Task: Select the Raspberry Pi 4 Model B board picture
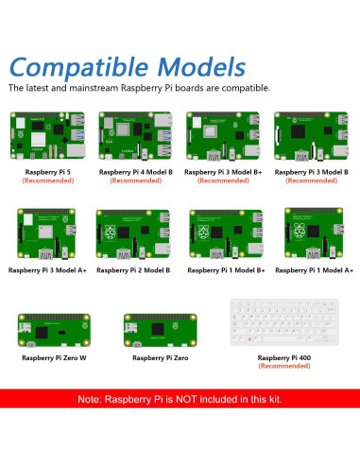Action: click(135, 138)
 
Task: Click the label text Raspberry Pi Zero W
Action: click(54, 359)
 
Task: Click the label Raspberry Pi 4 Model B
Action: click(135, 173)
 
